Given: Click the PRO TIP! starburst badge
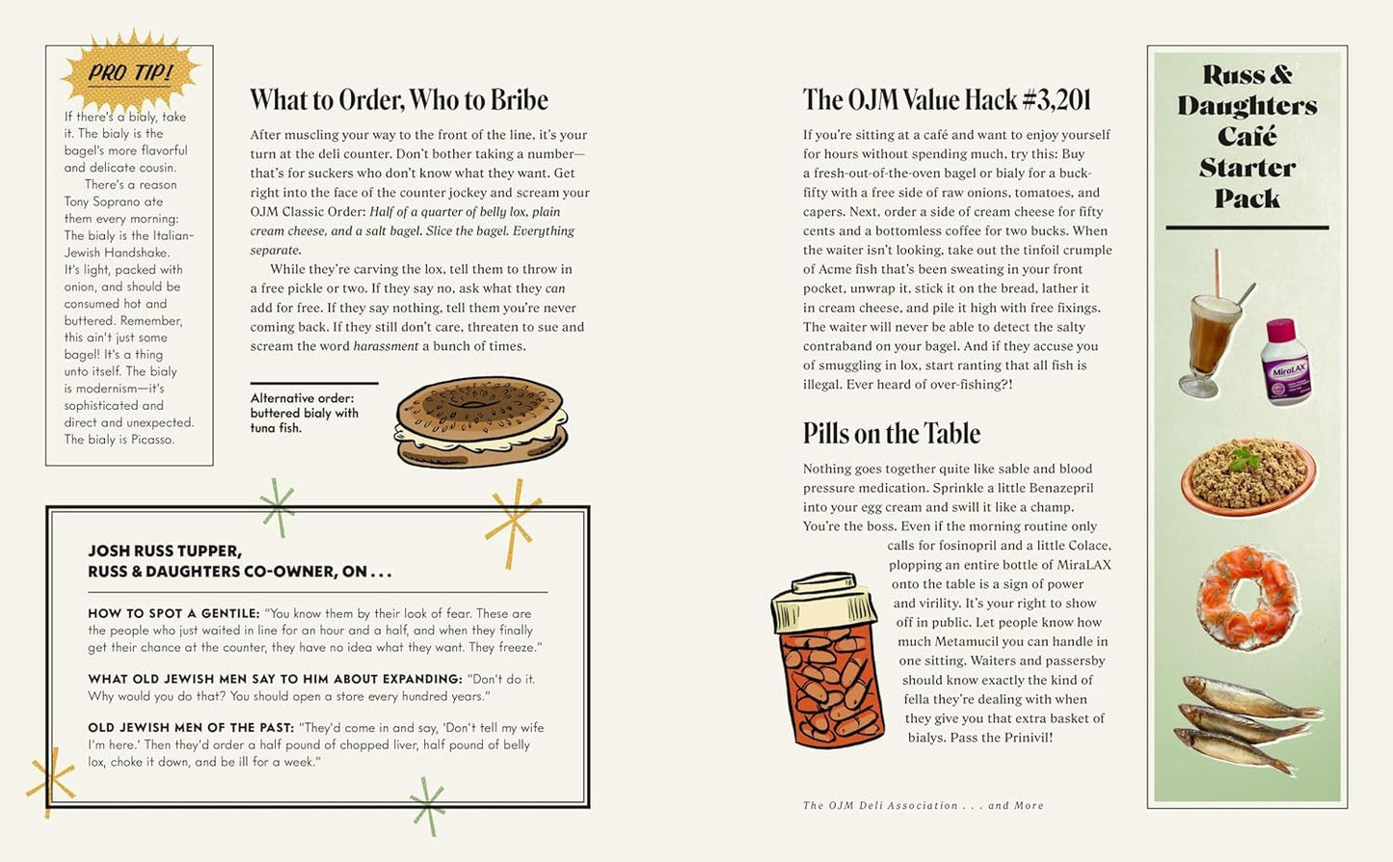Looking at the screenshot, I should click(129, 72).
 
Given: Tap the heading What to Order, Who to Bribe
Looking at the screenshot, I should click(398, 100).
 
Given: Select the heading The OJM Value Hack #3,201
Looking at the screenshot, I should click(947, 100).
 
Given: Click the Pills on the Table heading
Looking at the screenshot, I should click(891, 434).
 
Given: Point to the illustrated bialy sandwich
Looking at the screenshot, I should click(481, 422).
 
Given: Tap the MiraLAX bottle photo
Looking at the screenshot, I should click(1286, 363).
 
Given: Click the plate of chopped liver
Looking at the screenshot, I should click(1247, 474).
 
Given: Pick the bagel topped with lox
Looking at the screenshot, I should click(1247, 598).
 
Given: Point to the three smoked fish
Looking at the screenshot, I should click(1247, 723).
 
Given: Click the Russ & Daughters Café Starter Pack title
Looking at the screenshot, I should click(1246, 136).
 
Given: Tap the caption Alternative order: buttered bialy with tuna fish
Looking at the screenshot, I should click(305, 413).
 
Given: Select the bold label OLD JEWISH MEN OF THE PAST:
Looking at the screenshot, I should click(190, 728).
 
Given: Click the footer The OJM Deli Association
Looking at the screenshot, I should click(880, 806).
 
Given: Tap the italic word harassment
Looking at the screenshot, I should click(386, 346).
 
